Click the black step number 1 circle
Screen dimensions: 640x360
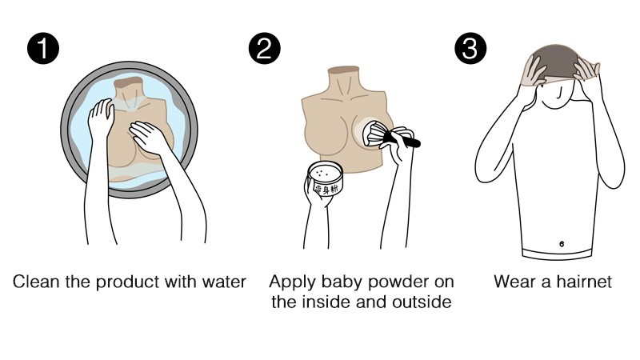(43, 48)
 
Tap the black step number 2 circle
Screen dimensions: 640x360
(265, 48)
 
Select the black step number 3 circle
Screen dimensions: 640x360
(470, 48)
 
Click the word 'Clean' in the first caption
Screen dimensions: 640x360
(36, 282)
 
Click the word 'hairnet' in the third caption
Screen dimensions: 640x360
(584, 282)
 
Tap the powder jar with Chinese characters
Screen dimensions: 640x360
(325, 178)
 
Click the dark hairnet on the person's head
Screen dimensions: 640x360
(554, 62)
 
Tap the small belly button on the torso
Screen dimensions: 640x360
(562, 244)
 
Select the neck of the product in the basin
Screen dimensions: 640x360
(129, 87)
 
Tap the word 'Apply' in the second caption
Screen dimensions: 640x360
(292, 282)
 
